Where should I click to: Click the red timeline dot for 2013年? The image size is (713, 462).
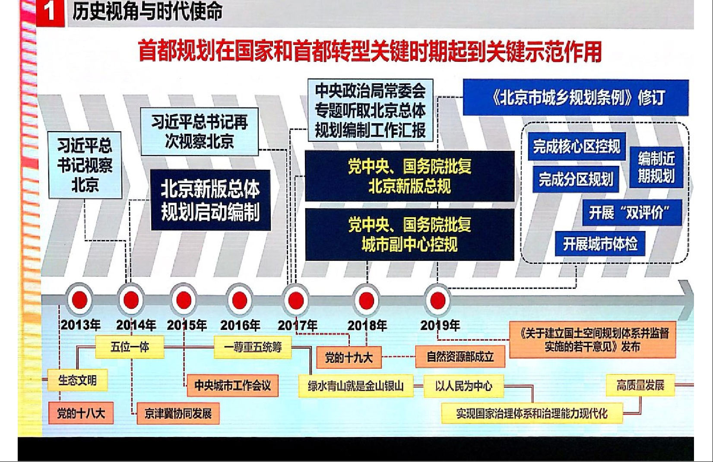(79, 300)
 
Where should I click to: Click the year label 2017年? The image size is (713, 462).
(297, 325)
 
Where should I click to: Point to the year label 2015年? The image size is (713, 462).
(187, 325)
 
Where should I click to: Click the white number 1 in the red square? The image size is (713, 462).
(50, 13)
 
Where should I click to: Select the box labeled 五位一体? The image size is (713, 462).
(130, 347)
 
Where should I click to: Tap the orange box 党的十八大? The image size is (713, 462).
(81, 413)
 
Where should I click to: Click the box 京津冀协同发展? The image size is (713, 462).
(178, 413)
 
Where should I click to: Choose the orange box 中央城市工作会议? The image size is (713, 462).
(232, 386)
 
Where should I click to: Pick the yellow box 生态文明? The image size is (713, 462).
(77, 380)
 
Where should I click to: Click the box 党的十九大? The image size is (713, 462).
(349, 358)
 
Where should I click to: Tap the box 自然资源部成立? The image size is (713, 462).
(460, 357)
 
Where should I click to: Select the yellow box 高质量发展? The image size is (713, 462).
(640, 385)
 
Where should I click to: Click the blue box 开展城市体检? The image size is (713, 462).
(600, 244)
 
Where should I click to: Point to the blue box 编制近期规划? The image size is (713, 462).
(656, 168)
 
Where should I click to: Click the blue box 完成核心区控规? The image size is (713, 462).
(577, 147)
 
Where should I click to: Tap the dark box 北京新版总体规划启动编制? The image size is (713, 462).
(211, 200)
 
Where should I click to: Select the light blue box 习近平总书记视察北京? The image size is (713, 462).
(85, 165)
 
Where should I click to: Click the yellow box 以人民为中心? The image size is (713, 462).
(464, 386)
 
